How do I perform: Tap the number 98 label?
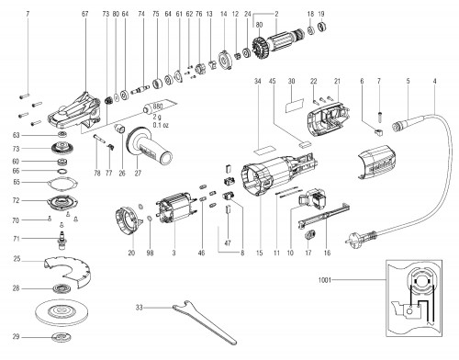click(x=150, y=252)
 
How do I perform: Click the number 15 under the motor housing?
click(x=259, y=252)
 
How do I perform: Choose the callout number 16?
click(x=326, y=252)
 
